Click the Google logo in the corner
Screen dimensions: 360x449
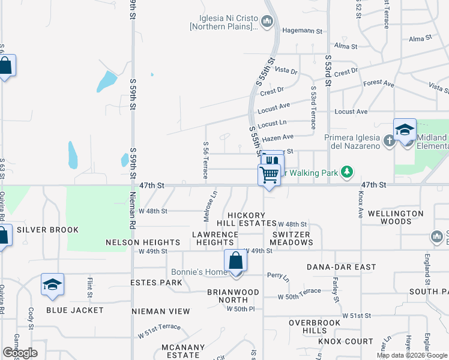20,353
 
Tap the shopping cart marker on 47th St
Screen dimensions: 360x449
270,175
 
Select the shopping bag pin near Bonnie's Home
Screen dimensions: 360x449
235,262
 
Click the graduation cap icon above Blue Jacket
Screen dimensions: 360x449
52,285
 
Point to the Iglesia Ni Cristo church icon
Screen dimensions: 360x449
268,23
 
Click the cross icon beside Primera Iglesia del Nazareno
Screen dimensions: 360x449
389,141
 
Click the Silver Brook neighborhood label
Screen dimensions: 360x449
47,230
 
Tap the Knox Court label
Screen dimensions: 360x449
346,341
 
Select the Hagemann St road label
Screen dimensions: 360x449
303,31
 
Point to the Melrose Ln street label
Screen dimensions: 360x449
214,200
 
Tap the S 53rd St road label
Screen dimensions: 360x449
328,70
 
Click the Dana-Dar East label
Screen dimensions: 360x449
341,266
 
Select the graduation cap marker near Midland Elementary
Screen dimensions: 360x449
405,130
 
